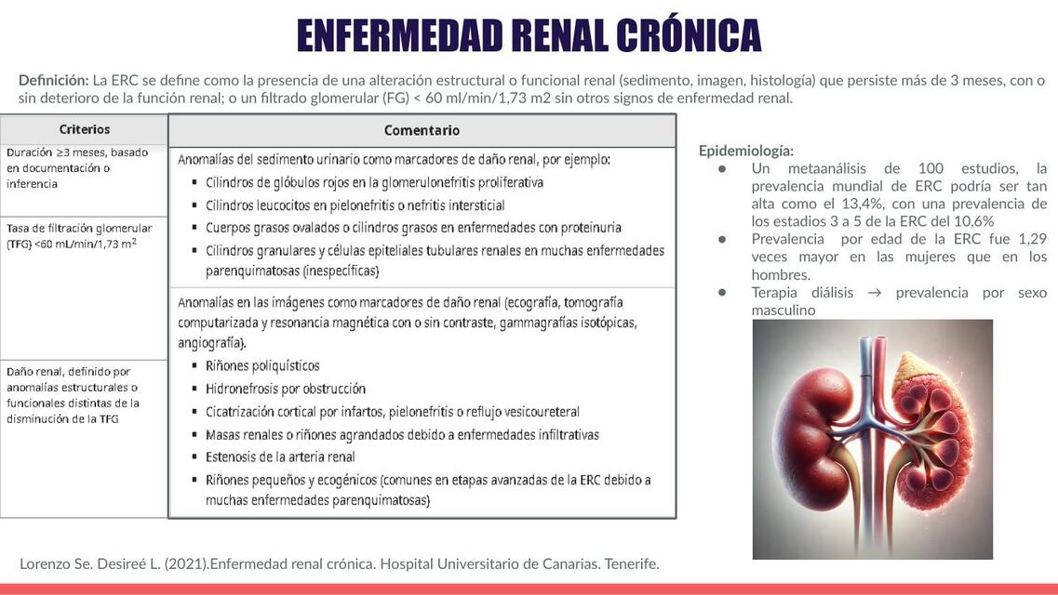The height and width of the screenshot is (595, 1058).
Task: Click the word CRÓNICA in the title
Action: [688, 35]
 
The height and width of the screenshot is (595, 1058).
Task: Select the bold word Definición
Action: [53, 80]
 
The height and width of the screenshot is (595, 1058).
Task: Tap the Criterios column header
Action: [84, 129]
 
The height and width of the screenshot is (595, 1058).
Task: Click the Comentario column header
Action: [422, 130]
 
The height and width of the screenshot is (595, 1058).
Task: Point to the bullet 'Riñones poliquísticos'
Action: [262, 365]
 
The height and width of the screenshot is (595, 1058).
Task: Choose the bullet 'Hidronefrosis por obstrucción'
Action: [286, 389]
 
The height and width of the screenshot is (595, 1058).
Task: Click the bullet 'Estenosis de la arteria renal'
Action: [280, 456]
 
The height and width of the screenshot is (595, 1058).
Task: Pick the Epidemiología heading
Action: [746, 150]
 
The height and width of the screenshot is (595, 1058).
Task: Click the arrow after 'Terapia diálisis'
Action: [874, 293]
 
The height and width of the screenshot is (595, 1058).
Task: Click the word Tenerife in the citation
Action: [630, 563]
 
